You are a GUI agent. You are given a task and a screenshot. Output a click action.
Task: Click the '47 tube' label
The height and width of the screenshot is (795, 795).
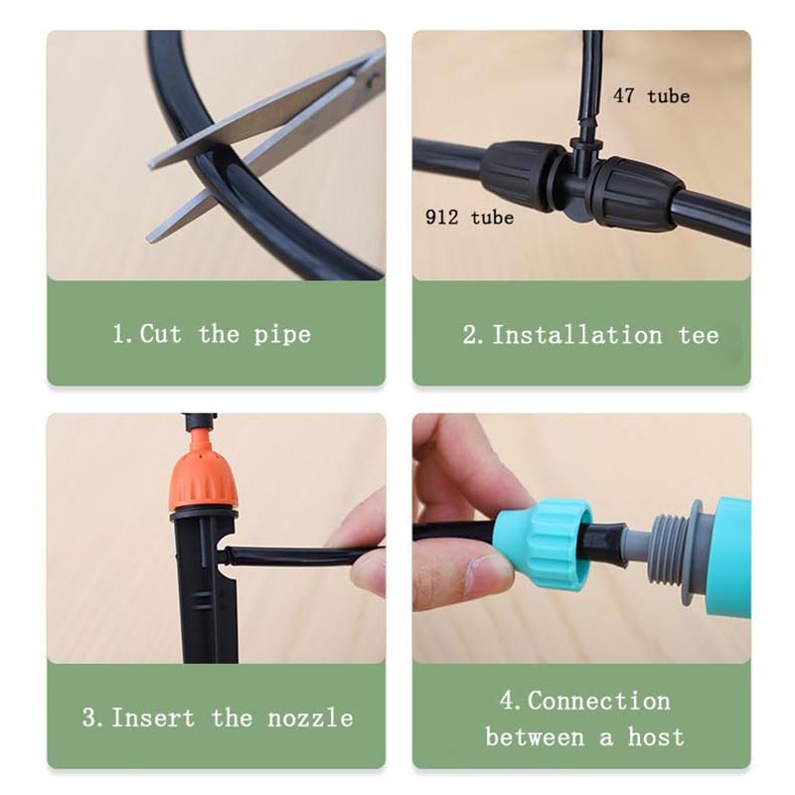pos(651,96)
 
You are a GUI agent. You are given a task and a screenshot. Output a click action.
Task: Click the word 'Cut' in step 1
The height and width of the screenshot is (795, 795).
pos(161,334)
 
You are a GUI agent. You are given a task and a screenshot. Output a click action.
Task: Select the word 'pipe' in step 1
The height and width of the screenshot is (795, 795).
pos(282,335)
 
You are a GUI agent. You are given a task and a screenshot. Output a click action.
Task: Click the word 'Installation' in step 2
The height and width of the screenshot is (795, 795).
pos(577,335)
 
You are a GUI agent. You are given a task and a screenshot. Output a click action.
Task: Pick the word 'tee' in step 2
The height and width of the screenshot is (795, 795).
pos(699,335)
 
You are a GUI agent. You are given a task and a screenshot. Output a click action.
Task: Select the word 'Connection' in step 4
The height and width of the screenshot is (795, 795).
pos(599,701)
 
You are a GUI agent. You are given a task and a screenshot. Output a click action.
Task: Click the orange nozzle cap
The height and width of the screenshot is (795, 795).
pos(203,476)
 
